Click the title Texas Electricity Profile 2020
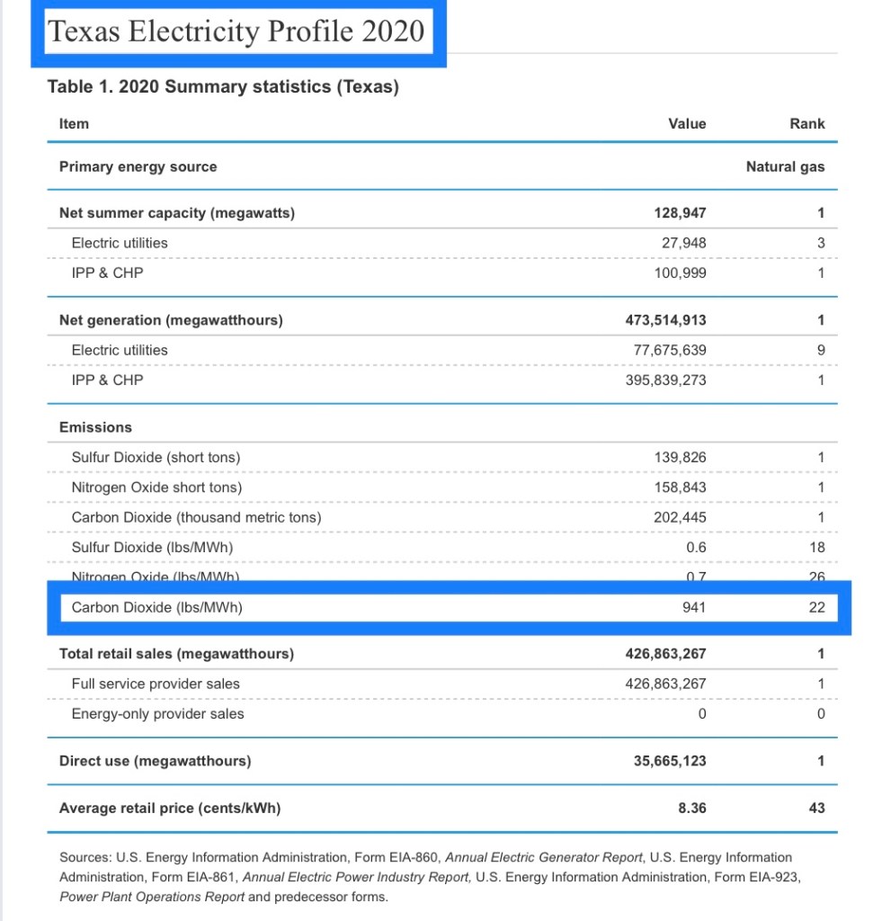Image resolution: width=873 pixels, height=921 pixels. [236, 31]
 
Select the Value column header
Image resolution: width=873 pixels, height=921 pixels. [687, 124]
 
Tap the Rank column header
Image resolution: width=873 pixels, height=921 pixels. [807, 124]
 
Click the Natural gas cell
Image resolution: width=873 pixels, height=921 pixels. [785, 166]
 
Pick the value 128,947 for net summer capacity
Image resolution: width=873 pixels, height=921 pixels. [680, 213]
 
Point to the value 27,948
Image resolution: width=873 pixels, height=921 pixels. [683, 243]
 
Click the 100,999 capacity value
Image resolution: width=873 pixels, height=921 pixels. [680, 273]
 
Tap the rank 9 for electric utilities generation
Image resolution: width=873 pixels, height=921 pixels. [820, 350]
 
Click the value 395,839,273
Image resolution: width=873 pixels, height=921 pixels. [665, 380]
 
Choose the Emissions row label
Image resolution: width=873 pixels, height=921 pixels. [95, 427]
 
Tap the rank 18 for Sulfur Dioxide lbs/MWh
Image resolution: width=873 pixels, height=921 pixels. [816, 547]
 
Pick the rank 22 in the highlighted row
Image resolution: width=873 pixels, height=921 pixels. [816, 607]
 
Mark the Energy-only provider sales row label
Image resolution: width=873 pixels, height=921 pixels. [157, 714]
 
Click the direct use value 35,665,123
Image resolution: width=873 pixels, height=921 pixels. [670, 761]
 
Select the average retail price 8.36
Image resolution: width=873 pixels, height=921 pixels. [691, 808]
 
